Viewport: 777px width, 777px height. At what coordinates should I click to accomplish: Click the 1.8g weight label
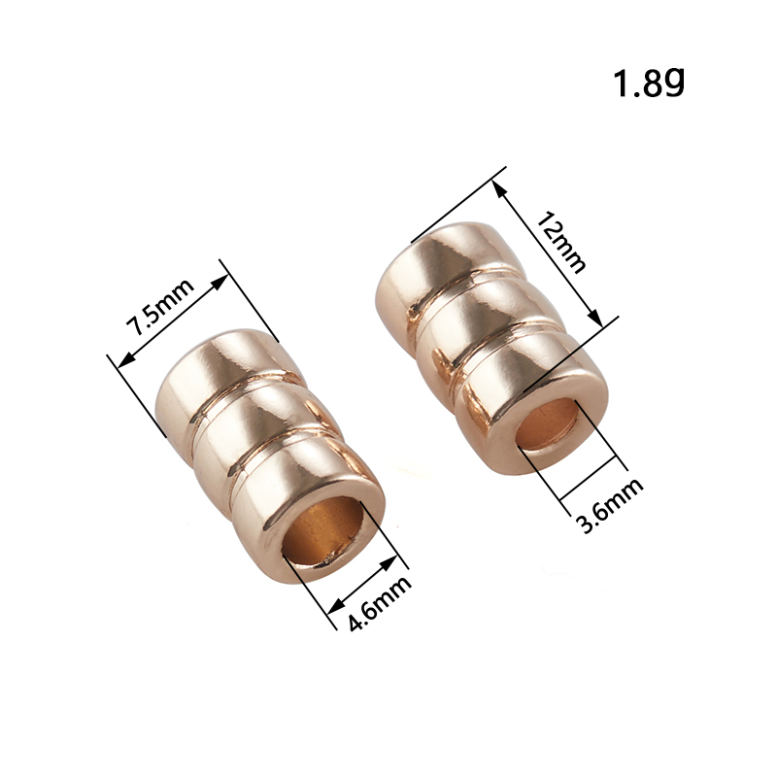point(649,83)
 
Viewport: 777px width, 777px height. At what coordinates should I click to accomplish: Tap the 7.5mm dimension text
point(159,307)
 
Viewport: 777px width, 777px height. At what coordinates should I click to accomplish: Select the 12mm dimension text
point(561,242)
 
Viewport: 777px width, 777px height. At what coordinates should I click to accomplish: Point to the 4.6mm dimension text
point(380,603)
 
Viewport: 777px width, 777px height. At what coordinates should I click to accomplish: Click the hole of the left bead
point(323,531)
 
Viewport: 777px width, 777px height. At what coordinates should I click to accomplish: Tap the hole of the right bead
point(547,424)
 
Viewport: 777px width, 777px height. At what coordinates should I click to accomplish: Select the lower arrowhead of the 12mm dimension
point(594,318)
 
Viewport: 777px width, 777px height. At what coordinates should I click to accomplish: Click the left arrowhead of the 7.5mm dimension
point(127,360)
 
